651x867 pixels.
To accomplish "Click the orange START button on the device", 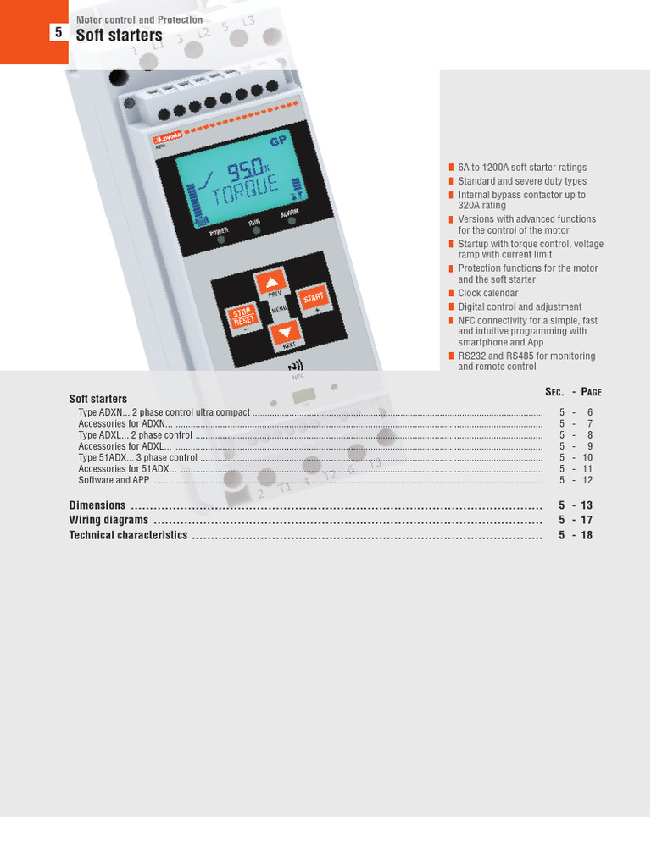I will click(x=314, y=299).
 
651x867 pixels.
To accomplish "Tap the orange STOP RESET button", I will click(x=243, y=318).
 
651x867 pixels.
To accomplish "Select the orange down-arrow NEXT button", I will click(x=286, y=333).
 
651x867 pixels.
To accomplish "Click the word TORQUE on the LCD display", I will click(x=245, y=193).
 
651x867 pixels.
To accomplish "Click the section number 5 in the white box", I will click(x=58, y=33).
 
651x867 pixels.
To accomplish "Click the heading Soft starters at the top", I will click(x=119, y=36).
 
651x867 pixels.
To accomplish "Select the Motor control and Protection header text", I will click(x=139, y=19).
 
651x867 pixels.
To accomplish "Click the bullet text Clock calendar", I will click(x=487, y=294).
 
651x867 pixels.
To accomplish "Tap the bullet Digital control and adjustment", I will click(x=520, y=307).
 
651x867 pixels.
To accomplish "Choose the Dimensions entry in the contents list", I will click(x=97, y=505).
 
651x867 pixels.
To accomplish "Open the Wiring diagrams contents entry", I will click(x=108, y=521).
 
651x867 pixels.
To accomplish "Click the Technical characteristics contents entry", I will click(x=128, y=536).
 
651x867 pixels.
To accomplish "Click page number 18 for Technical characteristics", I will click(x=587, y=536).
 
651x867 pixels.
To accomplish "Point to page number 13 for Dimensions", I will click(x=587, y=505).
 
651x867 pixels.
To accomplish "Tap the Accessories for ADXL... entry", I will click(x=125, y=446).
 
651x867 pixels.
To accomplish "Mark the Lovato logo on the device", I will click(x=168, y=137).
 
